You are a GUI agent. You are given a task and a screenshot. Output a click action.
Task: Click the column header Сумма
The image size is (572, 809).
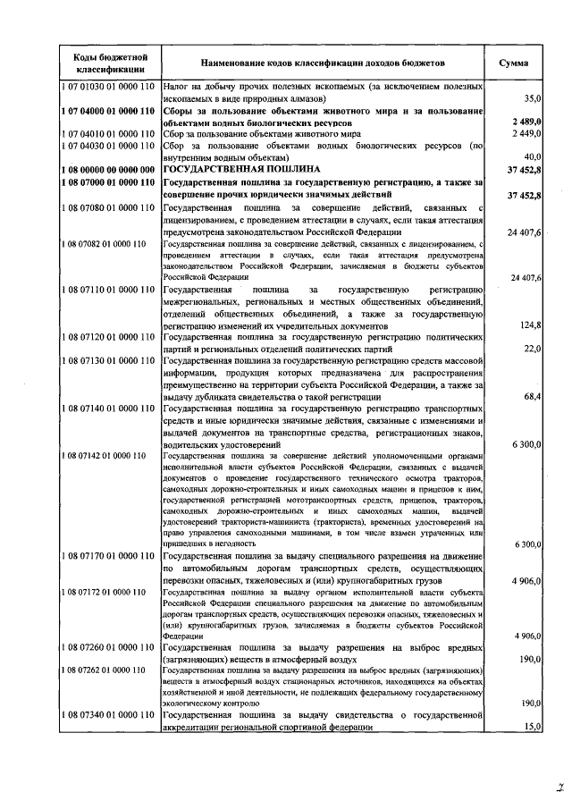514,63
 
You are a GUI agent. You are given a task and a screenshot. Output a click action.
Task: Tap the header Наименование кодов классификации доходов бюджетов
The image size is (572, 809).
322,63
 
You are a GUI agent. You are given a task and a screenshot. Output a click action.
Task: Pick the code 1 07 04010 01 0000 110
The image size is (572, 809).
110,132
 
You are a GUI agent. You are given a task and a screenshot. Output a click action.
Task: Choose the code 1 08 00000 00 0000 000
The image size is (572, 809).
110,167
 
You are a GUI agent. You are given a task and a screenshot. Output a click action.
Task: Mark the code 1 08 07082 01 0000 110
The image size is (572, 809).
105,242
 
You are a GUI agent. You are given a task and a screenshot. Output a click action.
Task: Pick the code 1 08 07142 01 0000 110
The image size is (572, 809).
105,456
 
